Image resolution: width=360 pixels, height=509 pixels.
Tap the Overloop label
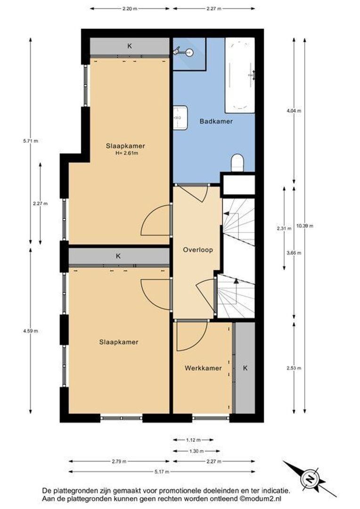195,250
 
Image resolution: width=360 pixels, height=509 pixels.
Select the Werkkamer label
203,368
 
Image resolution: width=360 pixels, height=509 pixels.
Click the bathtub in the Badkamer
240,75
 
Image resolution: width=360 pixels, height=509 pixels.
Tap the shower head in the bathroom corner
178,49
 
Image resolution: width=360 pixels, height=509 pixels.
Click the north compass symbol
310,479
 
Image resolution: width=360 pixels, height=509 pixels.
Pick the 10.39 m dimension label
305,226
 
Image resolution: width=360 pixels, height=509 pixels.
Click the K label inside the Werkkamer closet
245,368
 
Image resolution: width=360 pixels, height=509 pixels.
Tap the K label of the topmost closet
130,46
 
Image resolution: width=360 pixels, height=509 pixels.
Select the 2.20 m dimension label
130,8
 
